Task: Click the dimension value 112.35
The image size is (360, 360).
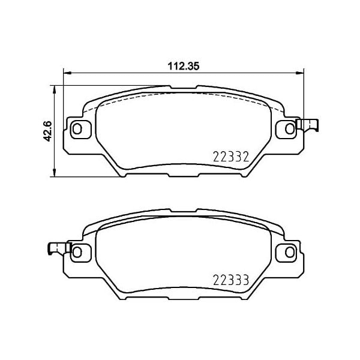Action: tap(183, 67)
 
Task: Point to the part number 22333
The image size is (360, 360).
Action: tap(230, 280)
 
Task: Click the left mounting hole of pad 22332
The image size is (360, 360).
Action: tap(76, 128)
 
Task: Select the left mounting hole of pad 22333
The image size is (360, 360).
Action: tap(76, 252)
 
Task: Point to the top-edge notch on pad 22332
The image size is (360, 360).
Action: tap(183, 89)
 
